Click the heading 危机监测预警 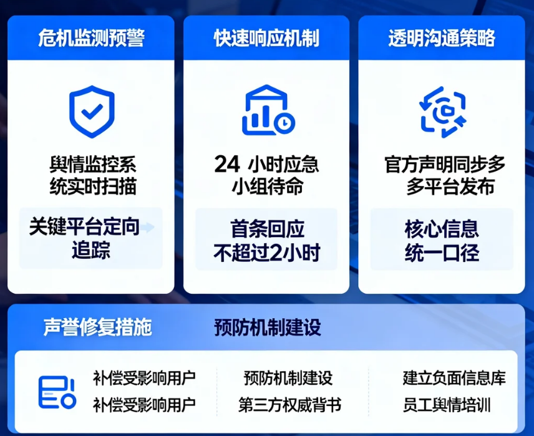(91, 39)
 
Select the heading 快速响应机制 (266, 39)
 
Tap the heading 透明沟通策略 (441, 39)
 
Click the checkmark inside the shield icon (92, 112)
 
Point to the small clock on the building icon (284, 122)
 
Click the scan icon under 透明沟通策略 (442, 112)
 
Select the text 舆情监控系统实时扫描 (92, 176)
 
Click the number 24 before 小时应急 (227, 165)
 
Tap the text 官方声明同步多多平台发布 (444, 176)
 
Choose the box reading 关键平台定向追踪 (91, 238)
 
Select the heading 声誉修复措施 (97, 327)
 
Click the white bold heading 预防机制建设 (268, 327)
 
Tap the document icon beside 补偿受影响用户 (56, 392)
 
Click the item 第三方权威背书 (289, 405)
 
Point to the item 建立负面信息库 (454, 378)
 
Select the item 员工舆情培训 (447, 405)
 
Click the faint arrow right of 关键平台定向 (148, 228)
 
